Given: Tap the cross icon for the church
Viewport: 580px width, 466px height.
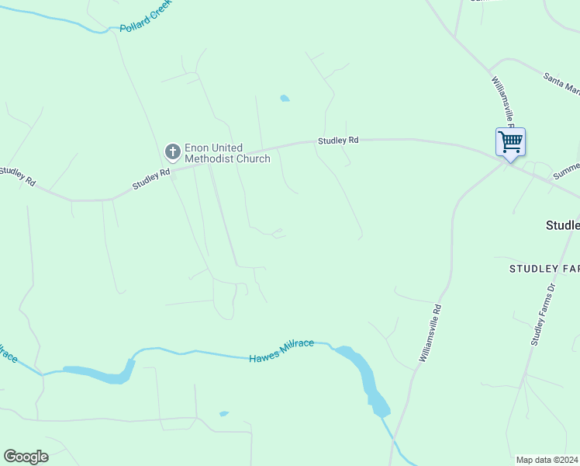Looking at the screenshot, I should [172, 151].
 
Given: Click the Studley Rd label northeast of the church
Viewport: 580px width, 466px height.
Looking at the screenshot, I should [338, 141].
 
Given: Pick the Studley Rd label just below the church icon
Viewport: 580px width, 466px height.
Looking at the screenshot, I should [150, 179].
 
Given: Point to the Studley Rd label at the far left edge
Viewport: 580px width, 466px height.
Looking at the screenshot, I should [17, 176].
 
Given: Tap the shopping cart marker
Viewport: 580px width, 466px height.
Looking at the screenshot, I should [510, 143].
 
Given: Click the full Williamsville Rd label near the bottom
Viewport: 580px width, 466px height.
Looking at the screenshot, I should [430, 332].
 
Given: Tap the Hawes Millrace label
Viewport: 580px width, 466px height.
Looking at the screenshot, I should [281, 351].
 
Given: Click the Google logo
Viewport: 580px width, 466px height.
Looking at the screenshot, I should [26, 457].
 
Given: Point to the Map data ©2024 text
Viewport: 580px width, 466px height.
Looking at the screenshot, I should [547, 460].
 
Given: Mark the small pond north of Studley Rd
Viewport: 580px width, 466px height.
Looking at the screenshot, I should [285, 99].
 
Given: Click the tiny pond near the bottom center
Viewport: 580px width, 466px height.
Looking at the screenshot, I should [224, 413].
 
